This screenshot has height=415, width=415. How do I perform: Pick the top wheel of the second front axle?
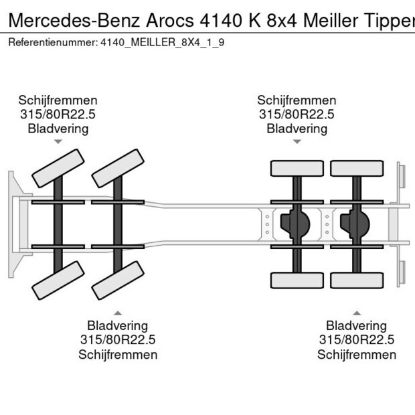coord(118,168)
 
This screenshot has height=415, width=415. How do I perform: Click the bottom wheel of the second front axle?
coord(118,280)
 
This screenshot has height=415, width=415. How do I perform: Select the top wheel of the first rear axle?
coord(296,169)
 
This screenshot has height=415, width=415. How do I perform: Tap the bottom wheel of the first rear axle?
coord(296,280)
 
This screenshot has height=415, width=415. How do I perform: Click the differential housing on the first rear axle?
coord(295,224)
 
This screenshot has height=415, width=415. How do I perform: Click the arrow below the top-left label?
coord(58,142)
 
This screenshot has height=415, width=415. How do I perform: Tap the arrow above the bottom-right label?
coord(357,313)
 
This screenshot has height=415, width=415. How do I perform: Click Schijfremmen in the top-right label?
coord(297,100)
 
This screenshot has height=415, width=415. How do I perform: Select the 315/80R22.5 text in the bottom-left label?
coord(118,340)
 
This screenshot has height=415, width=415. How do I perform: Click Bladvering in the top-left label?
coord(58,129)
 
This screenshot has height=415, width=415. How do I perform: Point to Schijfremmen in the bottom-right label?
coord(357,355)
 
